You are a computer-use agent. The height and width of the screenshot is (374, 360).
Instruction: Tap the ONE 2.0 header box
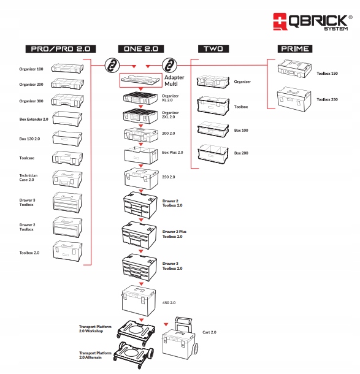point(141,48)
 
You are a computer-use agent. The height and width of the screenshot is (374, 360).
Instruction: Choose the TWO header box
point(213,48)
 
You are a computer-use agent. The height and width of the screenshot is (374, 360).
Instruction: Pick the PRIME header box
point(294,48)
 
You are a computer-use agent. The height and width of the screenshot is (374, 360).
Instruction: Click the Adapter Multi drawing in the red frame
point(140,79)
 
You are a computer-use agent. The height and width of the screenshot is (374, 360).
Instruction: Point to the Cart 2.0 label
point(210,332)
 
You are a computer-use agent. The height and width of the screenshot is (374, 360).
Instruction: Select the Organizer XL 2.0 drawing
point(142,98)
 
